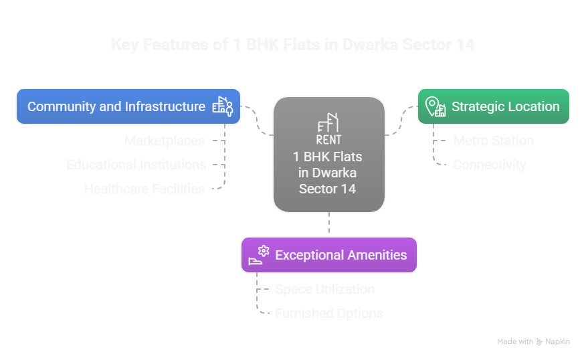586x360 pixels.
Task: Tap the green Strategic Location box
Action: click(494, 106)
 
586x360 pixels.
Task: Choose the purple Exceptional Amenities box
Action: click(329, 255)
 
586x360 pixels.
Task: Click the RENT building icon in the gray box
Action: click(328, 130)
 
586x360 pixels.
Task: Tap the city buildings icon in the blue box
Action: click(223, 106)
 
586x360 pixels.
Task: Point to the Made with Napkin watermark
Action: click(533, 341)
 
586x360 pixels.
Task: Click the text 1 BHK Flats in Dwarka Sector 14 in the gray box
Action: click(328, 173)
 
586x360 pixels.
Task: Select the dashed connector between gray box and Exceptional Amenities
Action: click(328, 224)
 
